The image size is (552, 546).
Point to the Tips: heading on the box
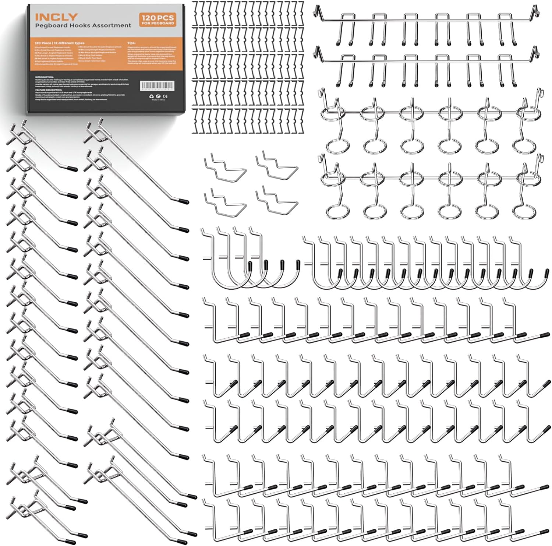pos(131,43)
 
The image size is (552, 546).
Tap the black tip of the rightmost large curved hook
pos(298,264)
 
